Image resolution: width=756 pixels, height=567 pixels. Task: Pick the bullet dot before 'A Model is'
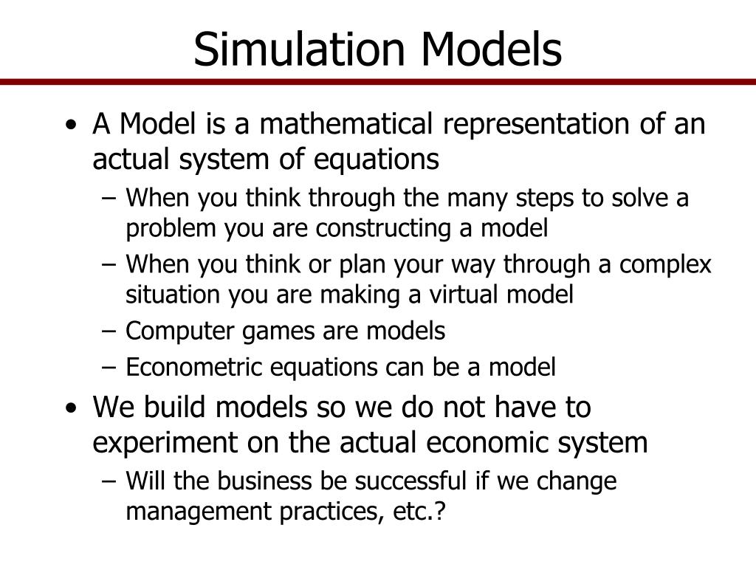pos(69,126)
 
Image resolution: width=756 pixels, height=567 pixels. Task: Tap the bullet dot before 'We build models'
pos(69,408)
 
